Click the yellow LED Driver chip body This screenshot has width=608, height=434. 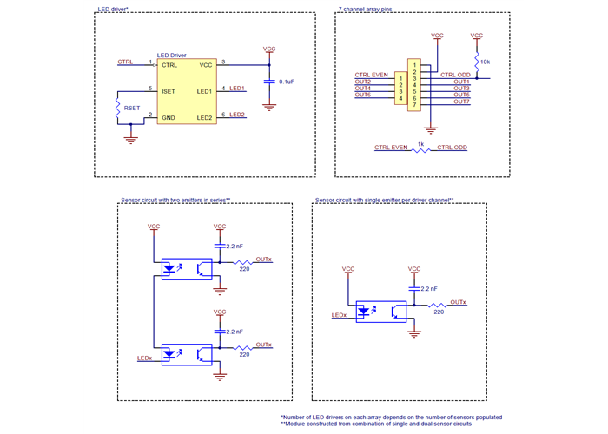[x=187, y=90]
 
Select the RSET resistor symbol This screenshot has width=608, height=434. [x=116, y=108]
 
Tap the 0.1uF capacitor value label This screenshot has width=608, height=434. [x=286, y=82]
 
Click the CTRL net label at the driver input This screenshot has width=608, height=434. [x=125, y=62]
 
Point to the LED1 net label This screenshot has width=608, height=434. [x=237, y=89]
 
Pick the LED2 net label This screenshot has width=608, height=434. [x=237, y=115]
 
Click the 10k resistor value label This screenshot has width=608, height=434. [x=485, y=62]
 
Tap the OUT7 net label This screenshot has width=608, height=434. [x=461, y=102]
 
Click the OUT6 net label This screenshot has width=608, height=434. [x=363, y=95]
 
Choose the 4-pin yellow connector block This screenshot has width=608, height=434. [x=400, y=89]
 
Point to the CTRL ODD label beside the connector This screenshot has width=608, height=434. [x=455, y=75]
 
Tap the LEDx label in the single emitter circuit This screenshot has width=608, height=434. [x=339, y=315]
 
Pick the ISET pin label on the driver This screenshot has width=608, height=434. [x=169, y=89]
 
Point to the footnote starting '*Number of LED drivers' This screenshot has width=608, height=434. [x=391, y=418]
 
